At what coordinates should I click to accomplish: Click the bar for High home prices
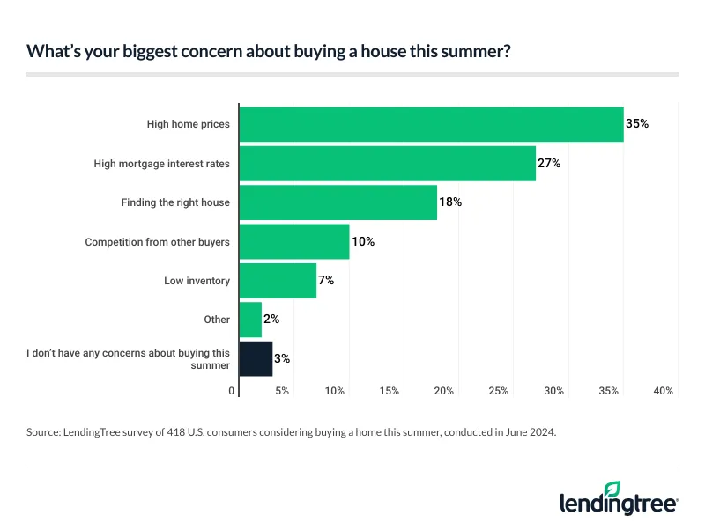click(431, 124)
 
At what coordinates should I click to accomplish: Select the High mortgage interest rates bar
click(387, 164)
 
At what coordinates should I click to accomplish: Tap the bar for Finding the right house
click(338, 202)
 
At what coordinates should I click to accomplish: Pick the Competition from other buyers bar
click(293, 241)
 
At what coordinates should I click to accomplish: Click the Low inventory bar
click(278, 281)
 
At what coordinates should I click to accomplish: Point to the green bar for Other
click(250, 320)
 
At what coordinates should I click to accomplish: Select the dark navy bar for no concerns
click(256, 358)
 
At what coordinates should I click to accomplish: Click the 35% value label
click(636, 124)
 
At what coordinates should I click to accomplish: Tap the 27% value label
click(548, 164)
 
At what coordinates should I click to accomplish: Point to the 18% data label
click(450, 202)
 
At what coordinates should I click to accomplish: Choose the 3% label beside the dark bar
click(282, 358)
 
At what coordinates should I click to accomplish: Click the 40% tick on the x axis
click(663, 390)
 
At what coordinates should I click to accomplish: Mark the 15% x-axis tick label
click(390, 390)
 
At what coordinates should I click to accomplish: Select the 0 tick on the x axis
click(233, 390)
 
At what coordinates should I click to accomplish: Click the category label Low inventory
click(197, 281)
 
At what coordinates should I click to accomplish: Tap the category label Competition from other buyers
click(157, 241)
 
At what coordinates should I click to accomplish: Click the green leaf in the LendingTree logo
click(612, 489)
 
